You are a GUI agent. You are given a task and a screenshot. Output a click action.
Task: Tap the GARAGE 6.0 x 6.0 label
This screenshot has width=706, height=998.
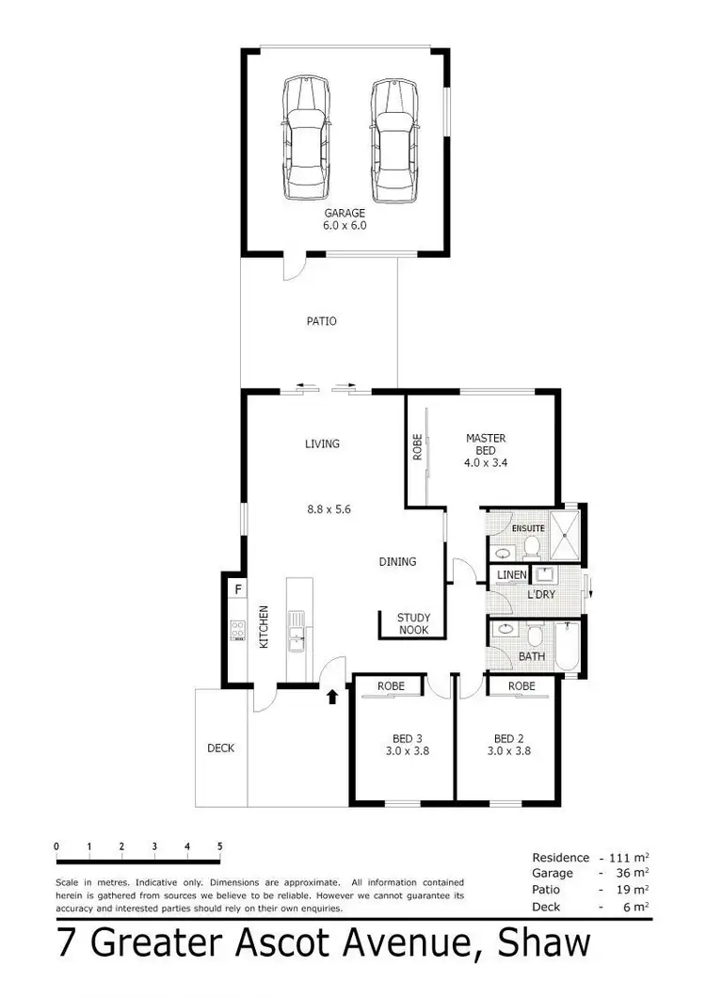tap(345, 219)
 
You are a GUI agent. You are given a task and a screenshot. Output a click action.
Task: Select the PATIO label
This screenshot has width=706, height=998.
tap(321, 321)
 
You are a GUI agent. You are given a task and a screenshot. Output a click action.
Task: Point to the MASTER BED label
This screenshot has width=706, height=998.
tap(486, 450)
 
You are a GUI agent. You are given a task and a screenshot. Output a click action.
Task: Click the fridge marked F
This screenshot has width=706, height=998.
tap(238, 590)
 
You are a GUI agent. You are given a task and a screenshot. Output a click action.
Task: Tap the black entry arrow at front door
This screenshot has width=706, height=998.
tap(331, 698)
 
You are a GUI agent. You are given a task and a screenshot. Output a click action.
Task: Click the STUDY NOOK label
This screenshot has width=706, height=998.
tap(413, 624)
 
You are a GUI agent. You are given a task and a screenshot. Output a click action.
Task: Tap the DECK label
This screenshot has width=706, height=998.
tap(220, 748)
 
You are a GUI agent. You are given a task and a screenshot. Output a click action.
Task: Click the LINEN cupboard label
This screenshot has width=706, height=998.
tap(511, 573)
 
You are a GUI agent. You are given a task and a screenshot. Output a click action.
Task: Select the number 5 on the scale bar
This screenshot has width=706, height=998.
tap(219, 846)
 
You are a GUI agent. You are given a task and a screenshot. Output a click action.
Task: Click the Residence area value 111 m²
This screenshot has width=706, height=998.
tap(625, 858)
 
